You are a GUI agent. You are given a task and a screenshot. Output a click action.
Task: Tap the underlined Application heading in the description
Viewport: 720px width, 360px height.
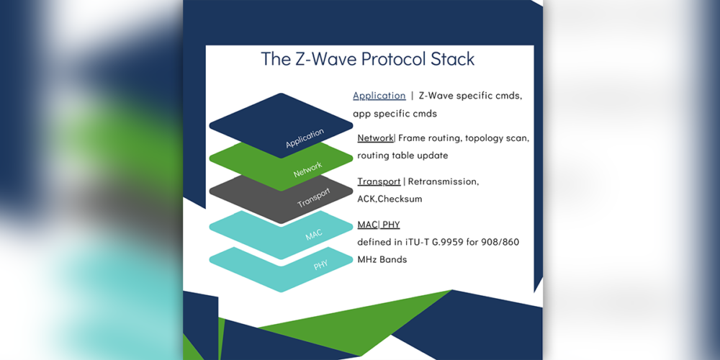[379, 95]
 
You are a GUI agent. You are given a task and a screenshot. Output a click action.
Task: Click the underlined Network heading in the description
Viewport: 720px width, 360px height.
[375, 138]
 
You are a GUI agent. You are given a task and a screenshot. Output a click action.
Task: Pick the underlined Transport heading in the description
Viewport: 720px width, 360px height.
[379, 181]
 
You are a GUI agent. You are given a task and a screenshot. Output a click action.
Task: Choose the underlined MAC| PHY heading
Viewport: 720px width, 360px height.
[378, 225]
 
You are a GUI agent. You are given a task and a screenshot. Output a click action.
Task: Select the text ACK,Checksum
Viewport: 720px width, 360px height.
[390, 199]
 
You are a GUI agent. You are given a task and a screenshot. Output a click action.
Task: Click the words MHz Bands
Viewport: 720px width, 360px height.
[382, 259]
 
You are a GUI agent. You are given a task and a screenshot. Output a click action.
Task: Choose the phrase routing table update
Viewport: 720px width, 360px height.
[402, 156]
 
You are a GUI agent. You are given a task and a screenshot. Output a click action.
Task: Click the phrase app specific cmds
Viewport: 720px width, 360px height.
[395, 113]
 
